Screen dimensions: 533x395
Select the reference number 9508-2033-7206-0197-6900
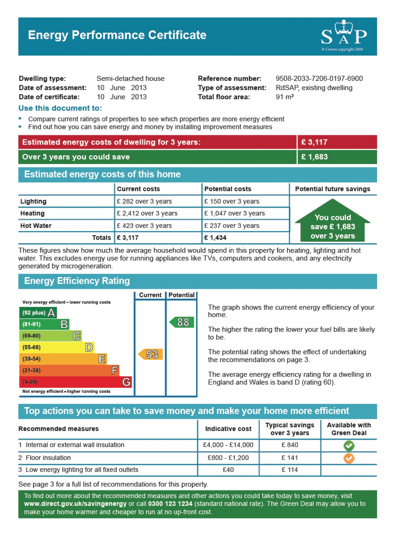pos(319,79)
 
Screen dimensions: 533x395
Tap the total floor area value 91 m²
pos(284,97)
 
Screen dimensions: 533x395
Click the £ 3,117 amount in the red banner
pos(314,142)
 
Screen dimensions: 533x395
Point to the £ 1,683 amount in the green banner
pos(314,157)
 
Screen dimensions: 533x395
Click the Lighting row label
pos(33,201)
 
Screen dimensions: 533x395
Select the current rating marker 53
pos(151,354)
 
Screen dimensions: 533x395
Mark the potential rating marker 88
pos(182,323)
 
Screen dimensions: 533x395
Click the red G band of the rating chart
pos(75,382)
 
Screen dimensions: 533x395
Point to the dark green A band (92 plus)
pos(38,313)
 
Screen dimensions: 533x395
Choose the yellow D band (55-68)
pos(56,347)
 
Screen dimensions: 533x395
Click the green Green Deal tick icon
pos(349,446)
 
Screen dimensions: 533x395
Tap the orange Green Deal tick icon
pos(349,458)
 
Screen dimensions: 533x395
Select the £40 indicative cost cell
pos(228,470)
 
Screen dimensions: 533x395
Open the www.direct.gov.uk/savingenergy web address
pos(75,504)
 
